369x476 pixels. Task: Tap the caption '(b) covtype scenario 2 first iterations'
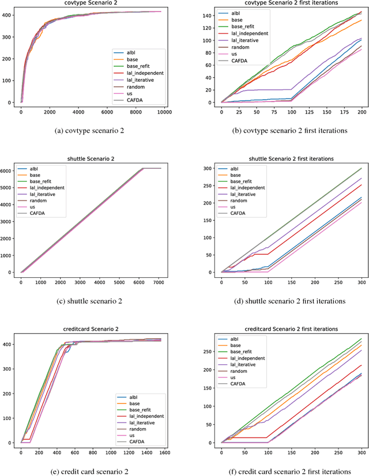pyautogui.click(x=291, y=131)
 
